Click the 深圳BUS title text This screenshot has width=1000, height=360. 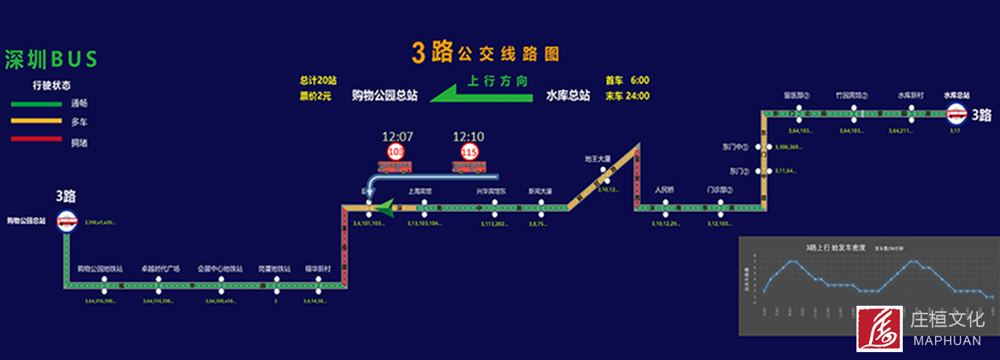pos(51,60)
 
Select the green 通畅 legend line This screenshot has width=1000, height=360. pos(36,104)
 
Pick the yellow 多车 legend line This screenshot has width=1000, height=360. pos(36,121)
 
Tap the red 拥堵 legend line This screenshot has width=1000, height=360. pos(36,139)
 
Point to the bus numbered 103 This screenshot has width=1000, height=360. pos(395,166)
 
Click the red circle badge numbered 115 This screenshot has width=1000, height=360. pos(469,151)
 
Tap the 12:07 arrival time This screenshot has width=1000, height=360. pos(397,136)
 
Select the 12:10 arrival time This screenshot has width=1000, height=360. pos(469,136)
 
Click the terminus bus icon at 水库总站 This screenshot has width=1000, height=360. pos(956,113)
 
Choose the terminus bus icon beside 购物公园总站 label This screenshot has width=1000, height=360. pos(67,222)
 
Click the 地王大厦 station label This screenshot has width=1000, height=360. pos(597,159)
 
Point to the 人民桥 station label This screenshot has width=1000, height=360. pos(665,190)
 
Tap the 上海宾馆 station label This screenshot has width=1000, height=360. pos(419,191)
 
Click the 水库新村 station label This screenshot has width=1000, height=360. pos(911,95)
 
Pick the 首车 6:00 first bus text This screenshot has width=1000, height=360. pos(627,80)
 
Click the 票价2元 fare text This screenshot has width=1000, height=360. pos(315,96)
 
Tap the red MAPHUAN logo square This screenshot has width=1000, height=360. pos(879,329)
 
